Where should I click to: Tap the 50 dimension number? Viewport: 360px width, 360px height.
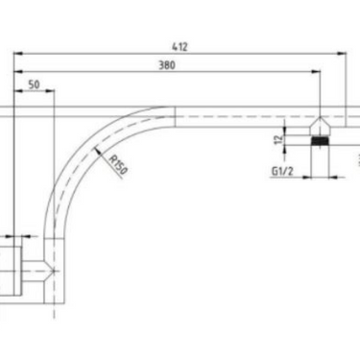click(34, 85)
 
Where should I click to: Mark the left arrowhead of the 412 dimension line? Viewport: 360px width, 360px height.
click(16, 52)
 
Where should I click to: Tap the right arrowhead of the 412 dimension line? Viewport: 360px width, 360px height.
click(343, 52)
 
